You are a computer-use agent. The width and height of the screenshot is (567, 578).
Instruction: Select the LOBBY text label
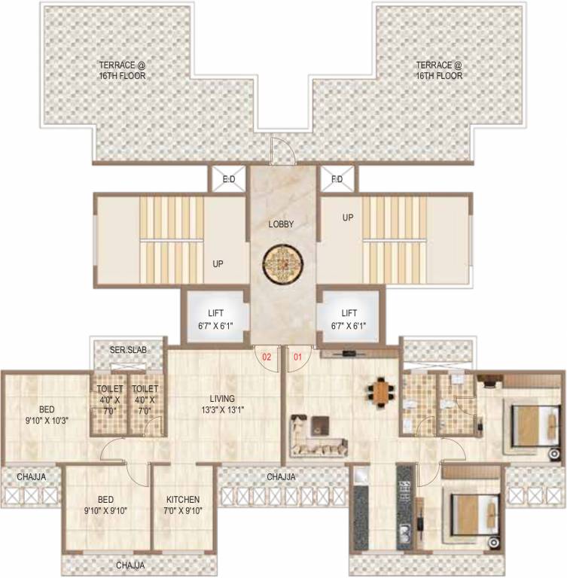pos(281,224)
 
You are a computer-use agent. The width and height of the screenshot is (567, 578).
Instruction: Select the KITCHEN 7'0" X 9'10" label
pos(183,504)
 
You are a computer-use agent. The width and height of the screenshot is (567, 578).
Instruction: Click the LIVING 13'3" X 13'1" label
pos(223,403)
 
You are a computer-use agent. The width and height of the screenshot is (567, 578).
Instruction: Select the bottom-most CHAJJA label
pos(130,564)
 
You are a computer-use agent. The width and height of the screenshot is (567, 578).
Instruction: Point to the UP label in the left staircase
pos(218,264)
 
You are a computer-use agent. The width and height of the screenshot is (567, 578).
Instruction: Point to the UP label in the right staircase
pos(348,217)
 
